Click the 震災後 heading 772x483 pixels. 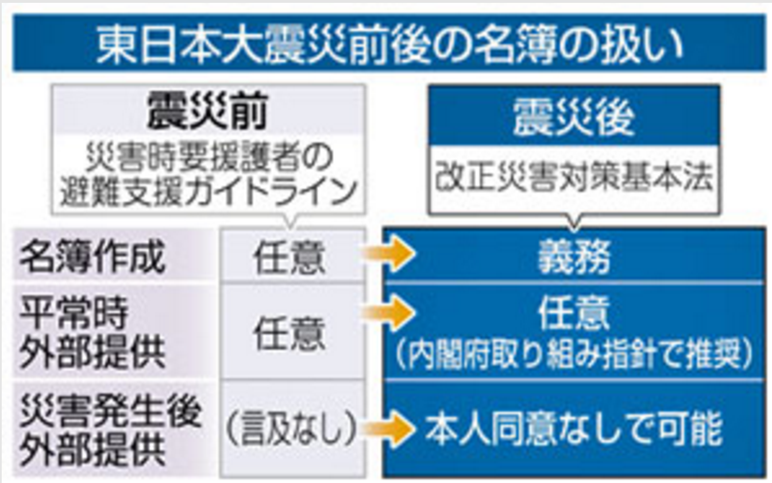[573, 118]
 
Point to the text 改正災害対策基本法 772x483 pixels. [573, 179]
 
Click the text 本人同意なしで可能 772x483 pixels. [573, 428]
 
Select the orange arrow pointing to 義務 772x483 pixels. [391, 255]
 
